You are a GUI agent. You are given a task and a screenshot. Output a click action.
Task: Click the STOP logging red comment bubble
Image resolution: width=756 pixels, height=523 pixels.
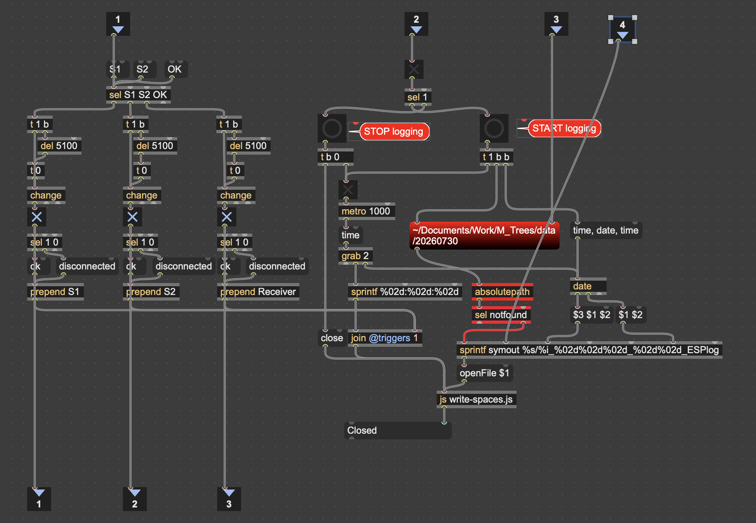(x=394, y=132)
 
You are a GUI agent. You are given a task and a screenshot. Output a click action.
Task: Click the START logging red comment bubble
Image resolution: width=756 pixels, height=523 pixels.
(x=564, y=128)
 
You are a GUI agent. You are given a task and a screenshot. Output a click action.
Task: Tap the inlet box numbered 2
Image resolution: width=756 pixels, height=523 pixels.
(x=416, y=24)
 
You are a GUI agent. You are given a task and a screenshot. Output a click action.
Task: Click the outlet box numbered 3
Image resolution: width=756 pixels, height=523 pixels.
(x=229, y=499)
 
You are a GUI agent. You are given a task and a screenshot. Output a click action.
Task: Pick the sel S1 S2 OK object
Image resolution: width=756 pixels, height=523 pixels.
(x=139, y=95)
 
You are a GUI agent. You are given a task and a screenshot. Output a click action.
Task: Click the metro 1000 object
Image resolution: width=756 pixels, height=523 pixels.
(x=366, y=211)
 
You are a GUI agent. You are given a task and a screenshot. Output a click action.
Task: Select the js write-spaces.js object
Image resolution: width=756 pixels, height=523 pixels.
(x=476, y=399)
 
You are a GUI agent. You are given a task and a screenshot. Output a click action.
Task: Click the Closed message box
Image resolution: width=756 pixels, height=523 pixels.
(x=398, y=431)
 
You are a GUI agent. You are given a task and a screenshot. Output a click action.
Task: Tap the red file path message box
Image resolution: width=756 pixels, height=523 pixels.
(x=484, y=236)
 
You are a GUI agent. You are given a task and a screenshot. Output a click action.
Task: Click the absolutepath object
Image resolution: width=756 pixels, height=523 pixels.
(x=502, y=292)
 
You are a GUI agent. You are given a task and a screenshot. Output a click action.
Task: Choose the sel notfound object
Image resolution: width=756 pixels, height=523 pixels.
(x=501, y=315)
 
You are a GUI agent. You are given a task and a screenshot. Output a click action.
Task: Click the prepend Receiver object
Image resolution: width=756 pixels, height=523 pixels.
(x=258, y=292)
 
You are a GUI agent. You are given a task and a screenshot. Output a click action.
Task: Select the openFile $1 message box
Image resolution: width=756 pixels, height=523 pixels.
(x=485, y=373)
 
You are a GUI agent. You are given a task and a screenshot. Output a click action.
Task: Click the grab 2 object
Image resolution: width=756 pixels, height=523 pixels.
(x=355, y=256)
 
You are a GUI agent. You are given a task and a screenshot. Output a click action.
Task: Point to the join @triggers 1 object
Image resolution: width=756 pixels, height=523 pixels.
(x=385, y=338)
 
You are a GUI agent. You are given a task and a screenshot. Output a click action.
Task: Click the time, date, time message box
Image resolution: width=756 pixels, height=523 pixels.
(x=606, y=230)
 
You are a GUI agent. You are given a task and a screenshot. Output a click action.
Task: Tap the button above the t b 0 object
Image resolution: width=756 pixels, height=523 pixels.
(x=332, y=128)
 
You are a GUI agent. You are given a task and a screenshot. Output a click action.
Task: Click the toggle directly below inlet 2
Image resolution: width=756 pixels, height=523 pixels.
(x=414, y=69)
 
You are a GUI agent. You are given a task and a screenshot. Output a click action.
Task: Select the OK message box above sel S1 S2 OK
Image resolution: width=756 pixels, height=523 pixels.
(x=175, y=69)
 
